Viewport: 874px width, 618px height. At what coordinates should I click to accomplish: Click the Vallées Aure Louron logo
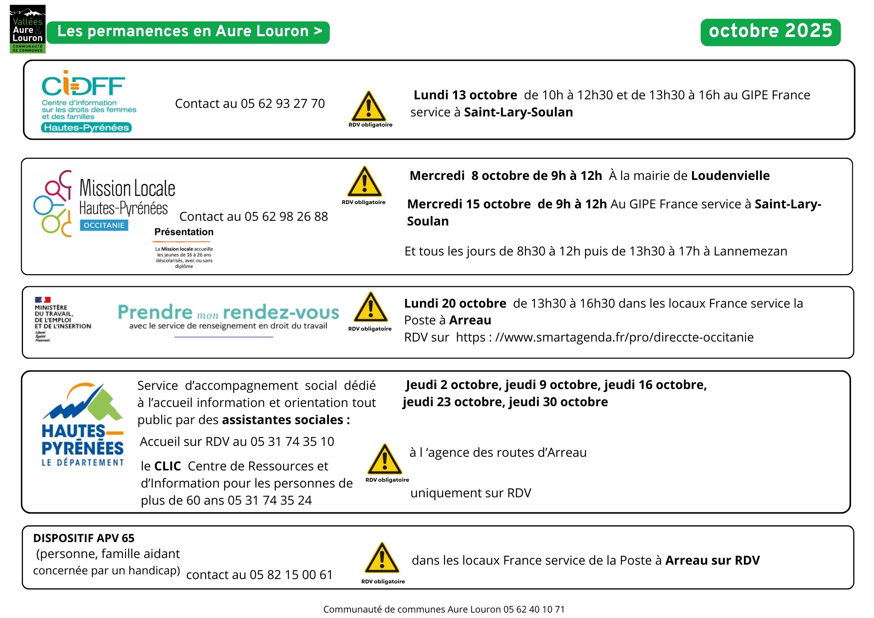pos(27,29)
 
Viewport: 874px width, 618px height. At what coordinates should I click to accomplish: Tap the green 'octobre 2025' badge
pos(770,32)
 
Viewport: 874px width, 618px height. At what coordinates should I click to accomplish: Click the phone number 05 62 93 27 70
pos(283,104)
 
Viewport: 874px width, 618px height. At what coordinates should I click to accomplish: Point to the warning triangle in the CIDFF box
pos(369,107)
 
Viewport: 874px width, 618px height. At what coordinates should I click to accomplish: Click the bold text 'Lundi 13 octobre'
pos(465,95)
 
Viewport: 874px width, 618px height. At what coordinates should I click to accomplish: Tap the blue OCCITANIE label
pos(104,225)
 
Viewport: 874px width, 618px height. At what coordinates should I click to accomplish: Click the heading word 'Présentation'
pos(184,232)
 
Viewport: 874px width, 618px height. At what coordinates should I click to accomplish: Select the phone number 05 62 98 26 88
pos(286,217)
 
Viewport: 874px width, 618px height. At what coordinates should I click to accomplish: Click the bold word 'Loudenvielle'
pos(730,176)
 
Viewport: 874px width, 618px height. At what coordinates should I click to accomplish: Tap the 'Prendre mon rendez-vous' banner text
pos(229,313)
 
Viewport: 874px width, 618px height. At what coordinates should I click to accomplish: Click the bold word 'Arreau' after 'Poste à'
pos(470,320)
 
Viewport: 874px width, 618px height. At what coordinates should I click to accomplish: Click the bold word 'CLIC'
pos(167,466)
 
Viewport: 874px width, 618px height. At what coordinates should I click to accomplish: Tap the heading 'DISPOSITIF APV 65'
pos(84,538)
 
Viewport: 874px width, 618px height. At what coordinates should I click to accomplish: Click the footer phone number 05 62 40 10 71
pos(534,609)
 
